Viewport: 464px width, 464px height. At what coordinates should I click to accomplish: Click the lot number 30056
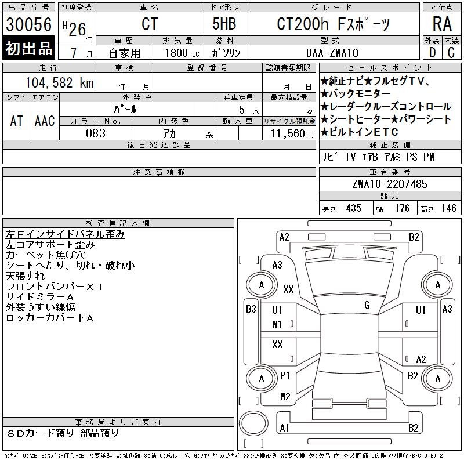[x=28, y=25]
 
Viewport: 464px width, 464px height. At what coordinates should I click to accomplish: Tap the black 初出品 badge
[x=28, y=48]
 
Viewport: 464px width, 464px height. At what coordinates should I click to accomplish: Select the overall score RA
[x=442, y=24]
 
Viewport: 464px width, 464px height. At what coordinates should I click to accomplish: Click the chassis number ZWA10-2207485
[x=389, y=184]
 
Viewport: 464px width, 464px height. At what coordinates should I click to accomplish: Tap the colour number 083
[x=96, y=133]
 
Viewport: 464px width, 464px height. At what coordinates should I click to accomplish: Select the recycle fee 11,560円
[x=289, y=133]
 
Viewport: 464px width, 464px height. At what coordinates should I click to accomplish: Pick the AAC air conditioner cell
[x=45, y=121]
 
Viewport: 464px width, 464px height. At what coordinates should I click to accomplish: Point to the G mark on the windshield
[x=367, y=305]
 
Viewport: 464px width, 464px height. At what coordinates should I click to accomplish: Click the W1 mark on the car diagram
[x=277, y=324]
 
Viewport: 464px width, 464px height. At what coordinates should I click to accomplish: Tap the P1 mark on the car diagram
[x=285, y=376]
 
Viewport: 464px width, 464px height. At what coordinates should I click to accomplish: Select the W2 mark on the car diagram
[x=285, y=397]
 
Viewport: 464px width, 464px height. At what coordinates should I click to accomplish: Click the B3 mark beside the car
[x=251, y=309]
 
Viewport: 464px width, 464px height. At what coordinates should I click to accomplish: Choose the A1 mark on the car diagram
[x=284, y=428]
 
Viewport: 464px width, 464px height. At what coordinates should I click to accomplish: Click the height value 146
[x=448, y=208]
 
